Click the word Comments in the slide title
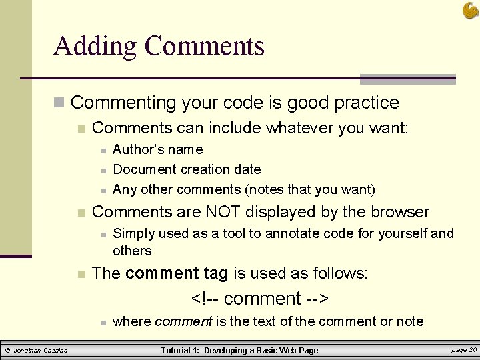coord(204,47)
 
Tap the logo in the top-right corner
coord(469,10)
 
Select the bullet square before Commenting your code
coord(60,103)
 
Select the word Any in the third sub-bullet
coord(125,189)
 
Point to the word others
coord(132,251)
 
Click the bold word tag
coord(216,273)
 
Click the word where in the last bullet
coord(132,321)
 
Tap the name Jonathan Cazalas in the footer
coord(41,350)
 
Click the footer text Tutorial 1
coord(181,350)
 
